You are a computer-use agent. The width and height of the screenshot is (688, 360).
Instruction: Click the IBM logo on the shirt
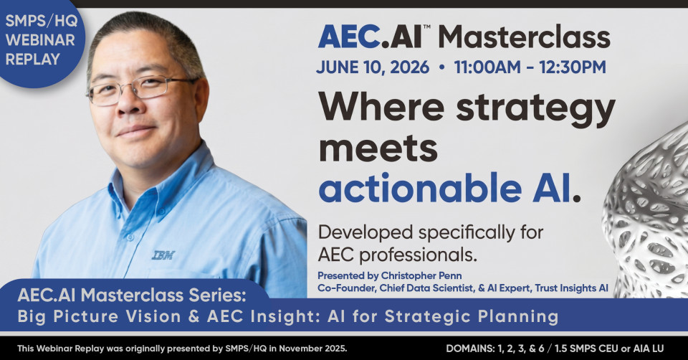[163, 255]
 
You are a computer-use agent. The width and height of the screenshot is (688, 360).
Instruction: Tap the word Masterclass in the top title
[524, 37]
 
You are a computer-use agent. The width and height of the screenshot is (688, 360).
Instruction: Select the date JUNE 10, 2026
[373, 67]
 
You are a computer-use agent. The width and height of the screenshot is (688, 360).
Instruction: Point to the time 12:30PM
[573, 67]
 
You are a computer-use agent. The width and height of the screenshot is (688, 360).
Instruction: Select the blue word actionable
[421, 187]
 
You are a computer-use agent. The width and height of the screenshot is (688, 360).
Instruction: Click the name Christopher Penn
[421, 275]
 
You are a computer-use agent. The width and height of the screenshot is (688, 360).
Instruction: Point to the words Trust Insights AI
[571, 288]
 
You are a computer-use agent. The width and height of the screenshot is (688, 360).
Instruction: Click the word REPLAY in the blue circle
[33, 60]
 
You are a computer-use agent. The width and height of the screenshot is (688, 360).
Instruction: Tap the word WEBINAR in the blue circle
[40, 40]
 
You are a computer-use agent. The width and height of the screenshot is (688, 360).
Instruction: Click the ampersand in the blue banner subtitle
[194, 316]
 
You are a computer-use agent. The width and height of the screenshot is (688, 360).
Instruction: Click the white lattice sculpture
[649, 215]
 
